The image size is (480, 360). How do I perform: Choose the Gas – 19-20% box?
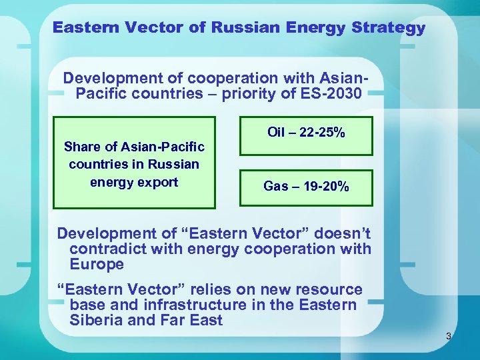tap(306, 187)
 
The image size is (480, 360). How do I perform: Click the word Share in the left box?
tap(81, 147)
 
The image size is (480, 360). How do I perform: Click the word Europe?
tap(97, 264)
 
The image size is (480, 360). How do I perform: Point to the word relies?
tap(213, 290)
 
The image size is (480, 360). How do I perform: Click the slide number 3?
tap(449, 337)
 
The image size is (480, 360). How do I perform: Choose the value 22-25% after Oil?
tap(321, 133)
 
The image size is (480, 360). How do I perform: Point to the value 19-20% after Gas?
tap(325, 187)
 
